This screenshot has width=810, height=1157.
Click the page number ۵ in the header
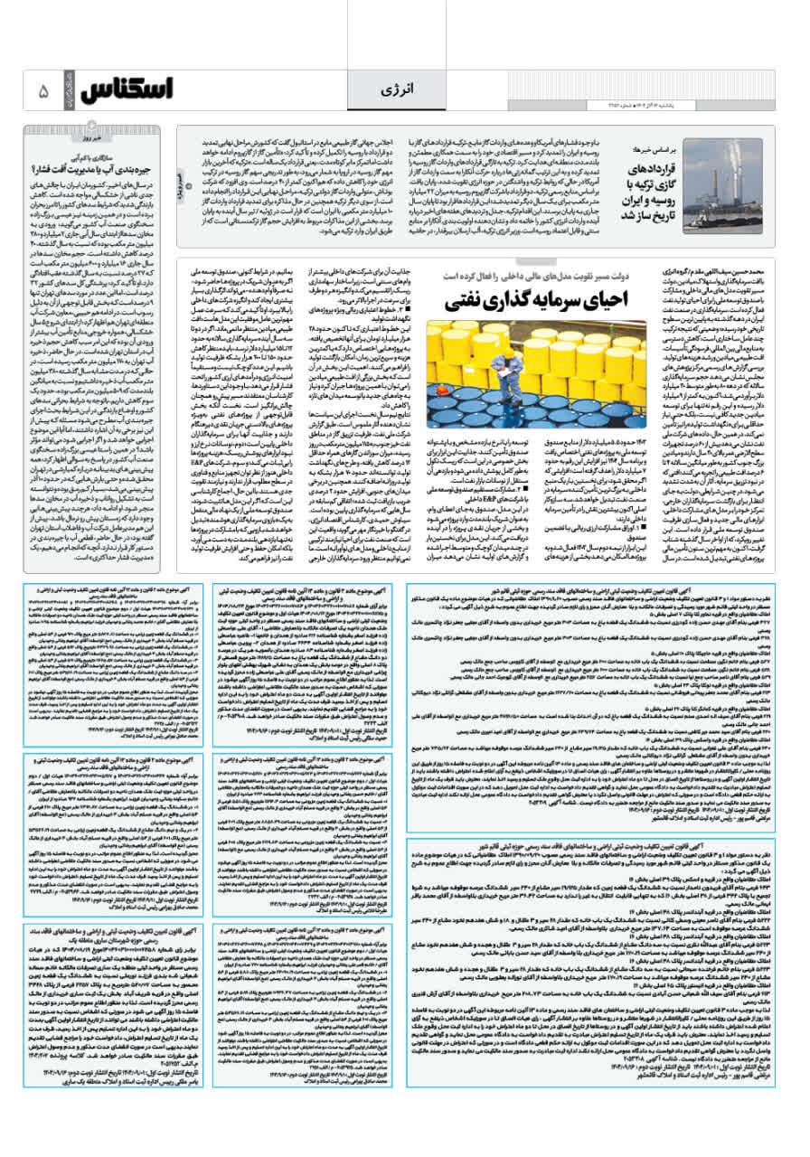[x=42, y=91]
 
